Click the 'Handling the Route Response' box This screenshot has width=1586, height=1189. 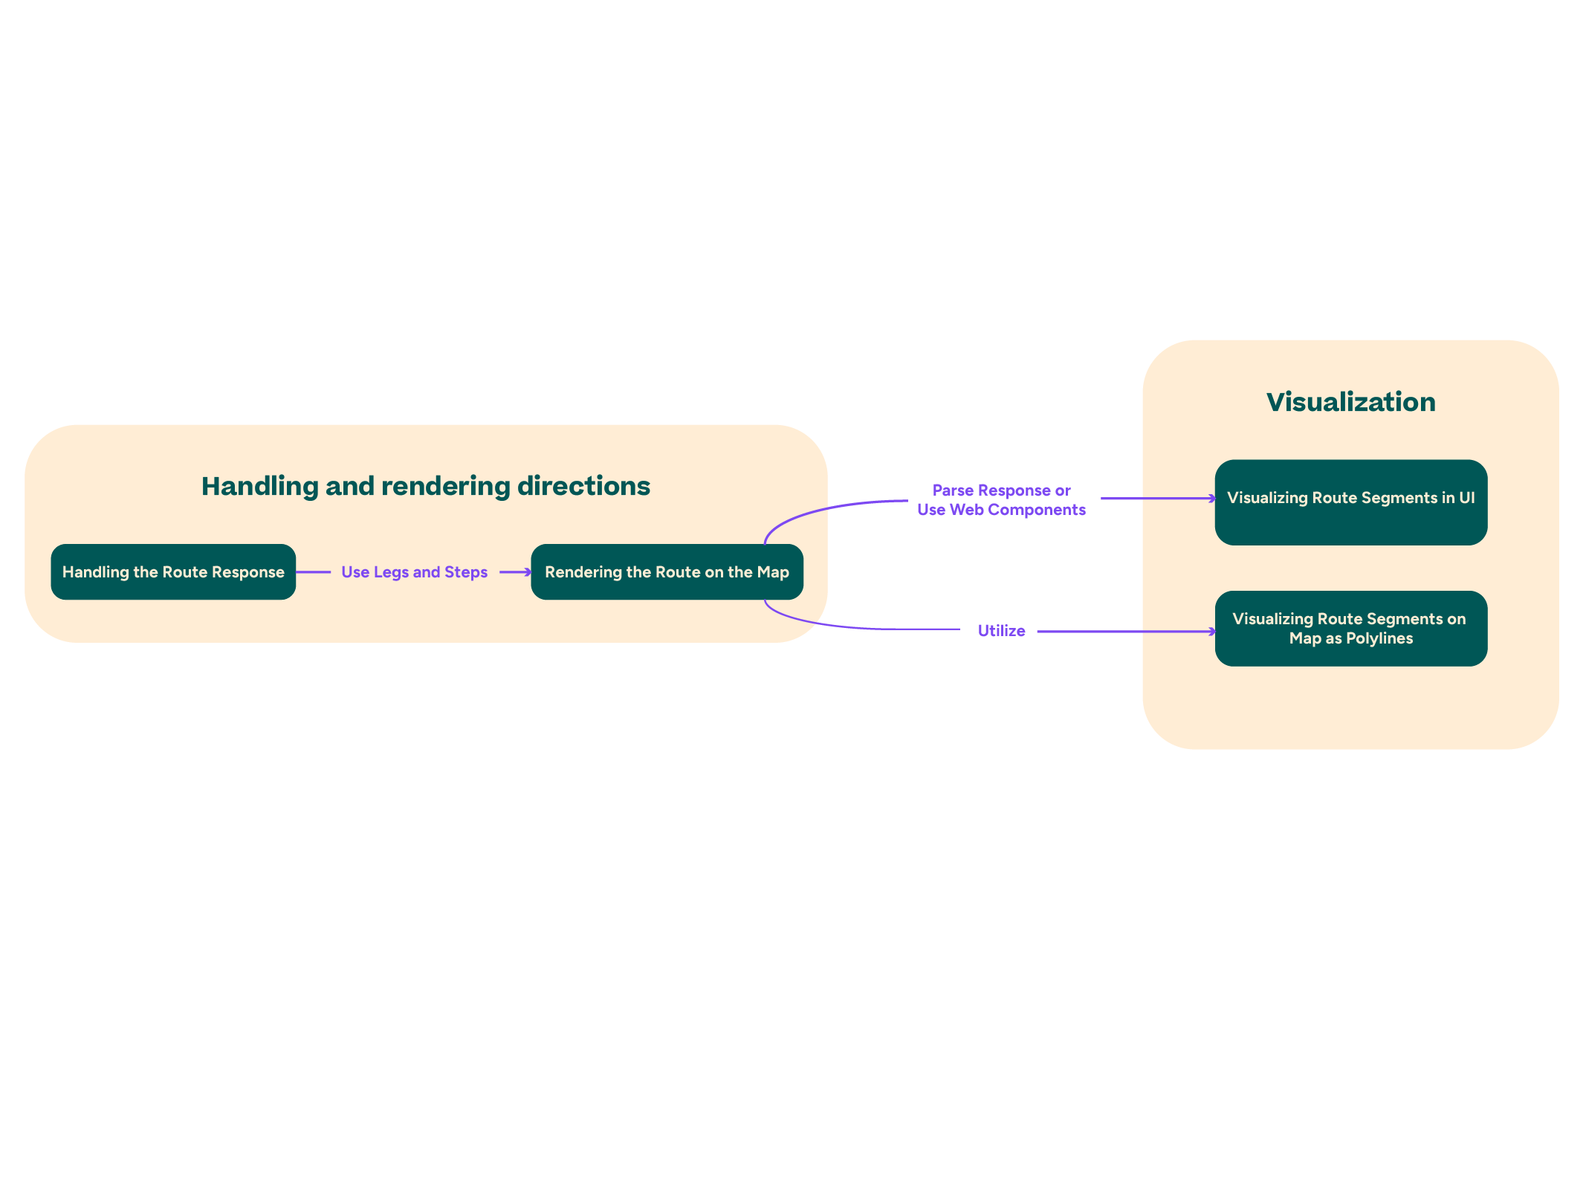pyautogui.click(x=173, y=572)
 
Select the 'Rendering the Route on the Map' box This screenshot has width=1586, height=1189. pyautogui.click(x=667, y=572)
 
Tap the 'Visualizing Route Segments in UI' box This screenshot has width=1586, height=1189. pyautogui.click(x=1350, y=502)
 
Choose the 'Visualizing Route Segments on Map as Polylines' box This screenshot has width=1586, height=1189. pyautogui.click(x=1350, y=629)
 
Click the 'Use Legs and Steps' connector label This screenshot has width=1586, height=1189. pyautogui.click(x=414, y=572)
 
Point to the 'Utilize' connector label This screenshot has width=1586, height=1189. pyautogui.click(x=1001, y=631)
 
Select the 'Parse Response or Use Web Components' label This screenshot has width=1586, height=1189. pyautogui.click(x=1001, y=500)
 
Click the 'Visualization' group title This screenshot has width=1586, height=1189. pyautogui.click(x=1350, y=402)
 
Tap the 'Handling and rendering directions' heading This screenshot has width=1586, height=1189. pyautogui.click(x=426, y=486)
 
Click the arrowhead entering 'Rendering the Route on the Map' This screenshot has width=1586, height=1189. pyautogui.click(x=528, y=572)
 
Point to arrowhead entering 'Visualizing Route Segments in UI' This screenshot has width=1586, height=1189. pyautogui.click(x=1212, y=499)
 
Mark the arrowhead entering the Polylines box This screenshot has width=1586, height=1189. pyautogui.click(x=1212, y=632)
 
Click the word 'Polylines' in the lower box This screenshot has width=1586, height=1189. pyautogui.click(x=1379, y=638)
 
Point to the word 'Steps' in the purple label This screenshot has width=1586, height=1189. pyautogui.click(x=466, y=572)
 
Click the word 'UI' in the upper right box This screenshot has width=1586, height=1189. pyautogui.click(x=1466, y=498)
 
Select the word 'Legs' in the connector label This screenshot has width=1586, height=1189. pyautogui.click(x=391, y=572)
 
